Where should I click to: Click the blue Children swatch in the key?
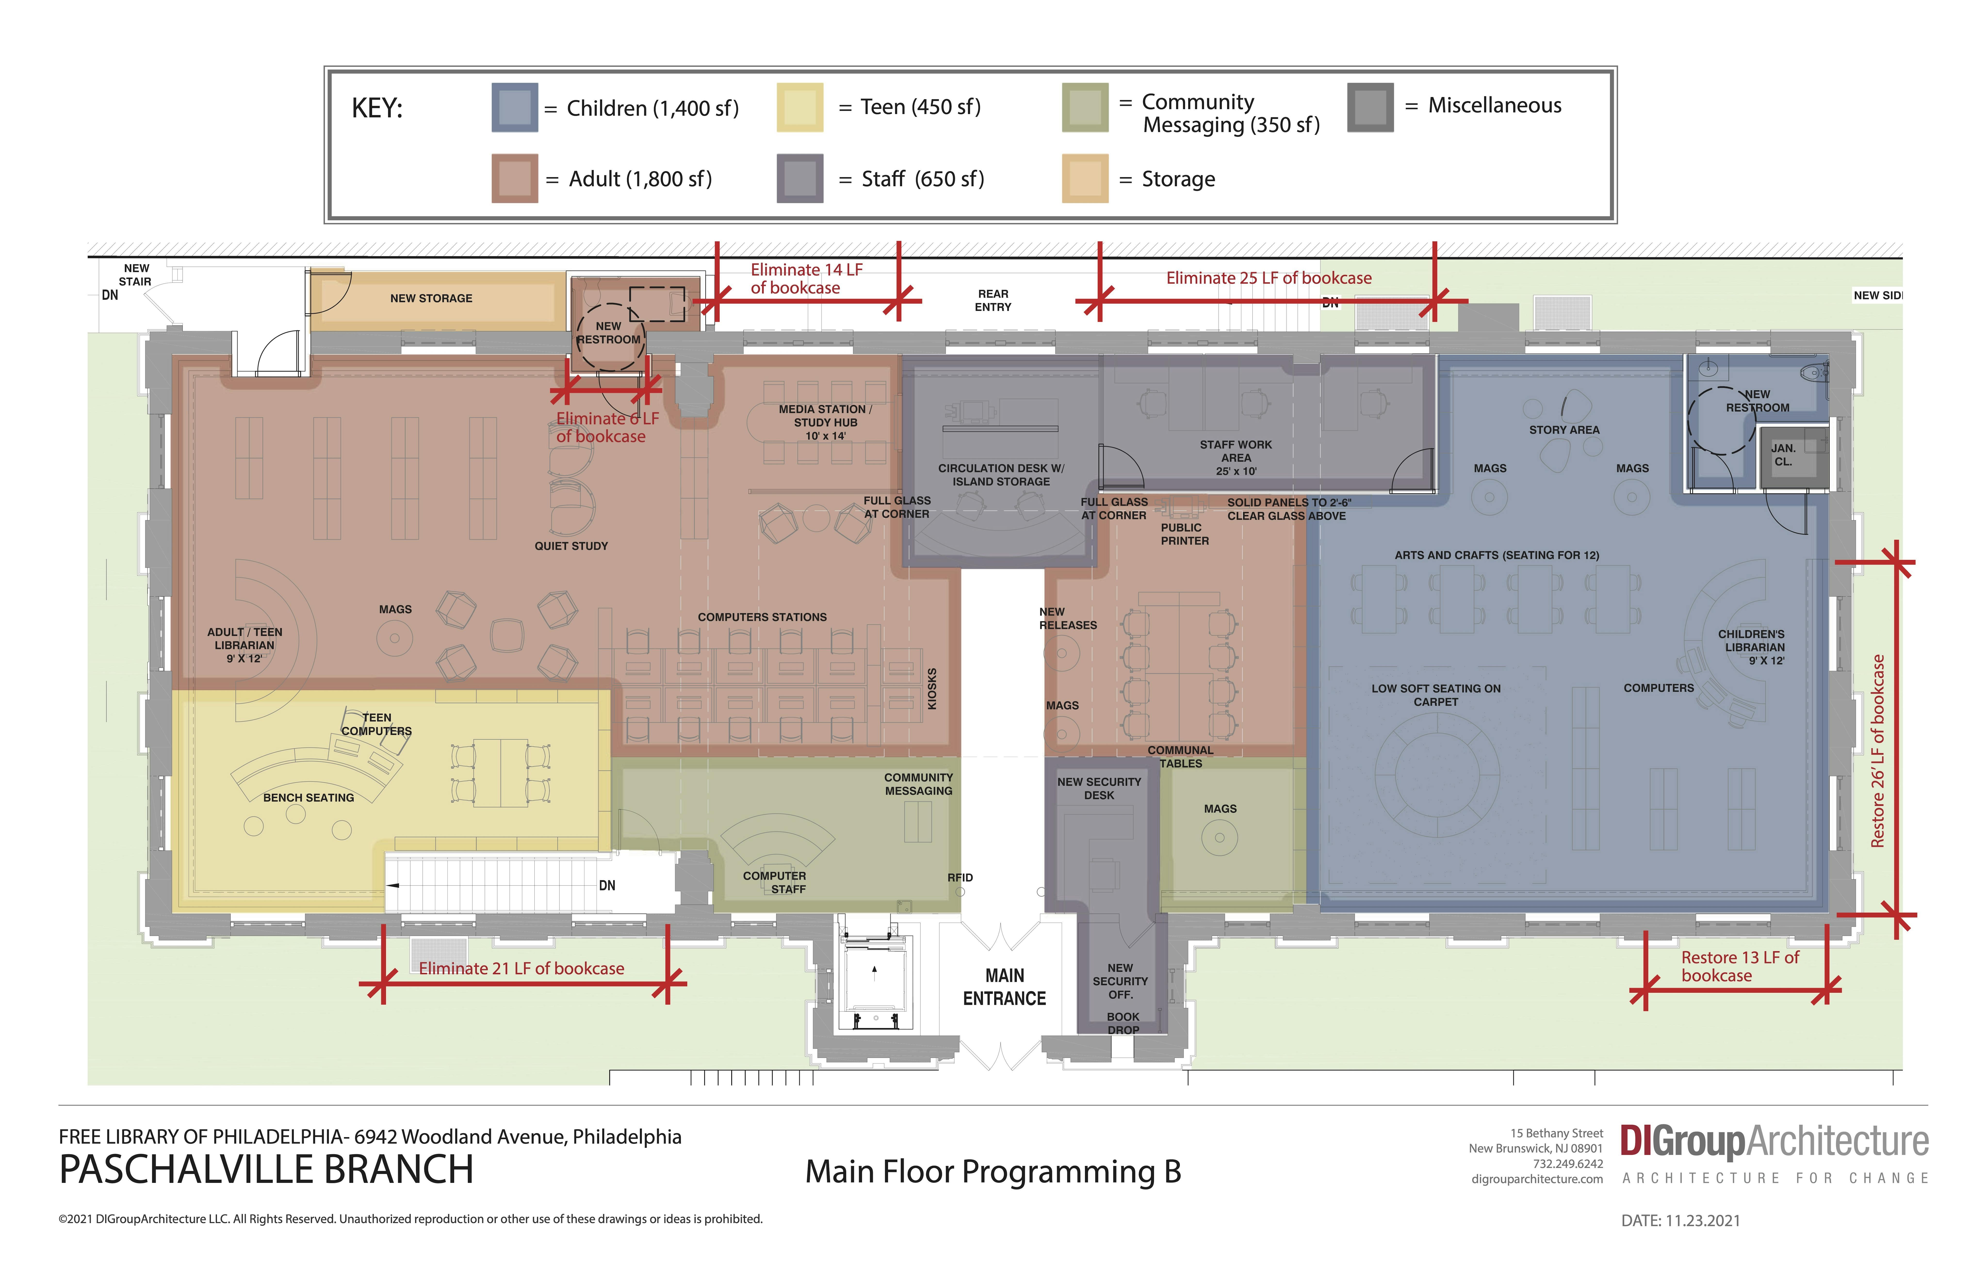[x=514, y=108]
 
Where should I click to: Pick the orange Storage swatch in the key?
[x=1084, y=179]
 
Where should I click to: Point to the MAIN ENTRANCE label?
[x=1004, y=987]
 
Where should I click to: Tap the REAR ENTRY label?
[x=993, y=300]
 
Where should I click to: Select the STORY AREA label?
[x=1564, y=430]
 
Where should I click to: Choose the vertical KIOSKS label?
[x=933, y=689]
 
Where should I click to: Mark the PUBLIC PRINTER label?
[x=1184, y=534]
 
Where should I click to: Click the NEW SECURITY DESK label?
[x=1099, y=789]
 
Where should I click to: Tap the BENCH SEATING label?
[x=308, y=798]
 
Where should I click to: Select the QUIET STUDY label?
[x=571, y=546]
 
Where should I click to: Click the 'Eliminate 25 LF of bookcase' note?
[x=1268, y=278]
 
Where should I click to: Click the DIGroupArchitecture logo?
[x=1774, y=1141]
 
